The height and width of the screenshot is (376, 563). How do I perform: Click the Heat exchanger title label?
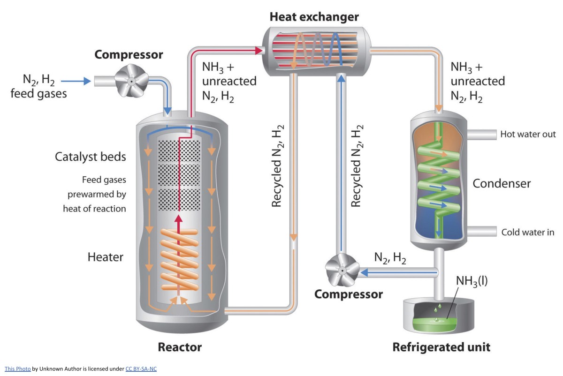[314, 17]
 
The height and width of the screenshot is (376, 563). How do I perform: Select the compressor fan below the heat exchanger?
[342, 271]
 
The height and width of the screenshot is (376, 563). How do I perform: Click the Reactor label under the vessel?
[180, 347]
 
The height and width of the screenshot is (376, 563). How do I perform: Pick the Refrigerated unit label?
[441, 347]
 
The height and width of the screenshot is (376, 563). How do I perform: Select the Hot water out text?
[528, 135]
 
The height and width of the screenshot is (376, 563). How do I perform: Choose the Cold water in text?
[528, 232]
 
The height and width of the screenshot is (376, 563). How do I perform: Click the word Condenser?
[502, 183]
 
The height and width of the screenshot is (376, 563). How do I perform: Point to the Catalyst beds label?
[91, 157]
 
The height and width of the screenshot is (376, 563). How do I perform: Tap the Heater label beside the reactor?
[106, 257]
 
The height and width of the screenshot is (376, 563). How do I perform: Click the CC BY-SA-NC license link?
[141, 369]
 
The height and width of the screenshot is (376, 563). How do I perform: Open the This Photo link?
[18, 369]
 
